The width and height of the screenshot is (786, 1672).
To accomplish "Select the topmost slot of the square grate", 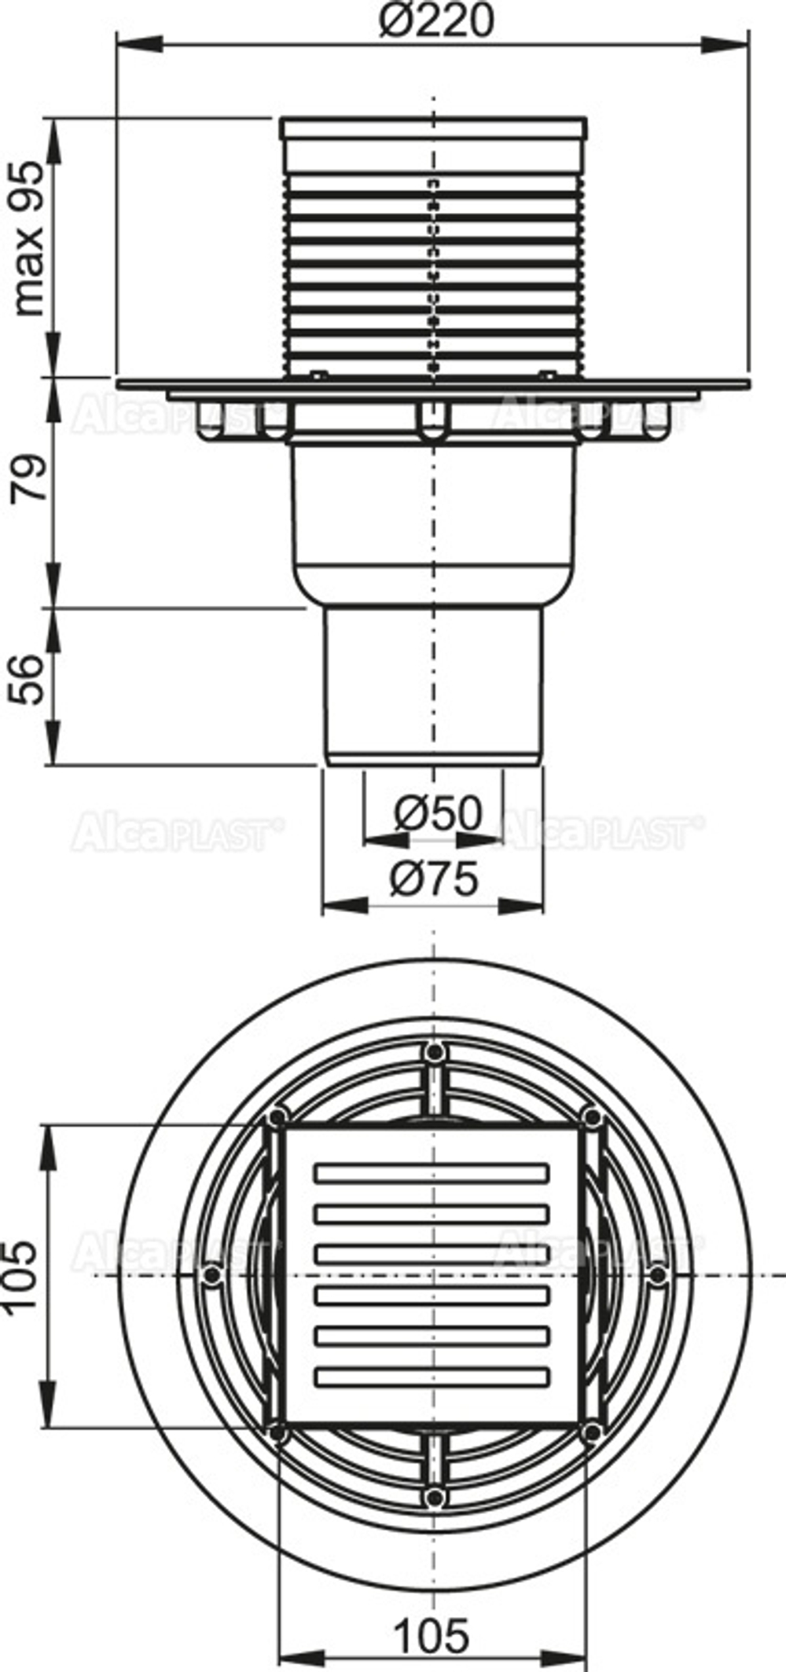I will tap(432, 1173).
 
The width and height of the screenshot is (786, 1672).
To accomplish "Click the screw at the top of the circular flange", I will tap(433, 1051).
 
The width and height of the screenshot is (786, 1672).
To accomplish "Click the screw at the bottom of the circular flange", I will tap(433, 1497).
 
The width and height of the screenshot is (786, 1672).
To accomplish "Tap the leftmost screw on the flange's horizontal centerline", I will tap(210, 1274).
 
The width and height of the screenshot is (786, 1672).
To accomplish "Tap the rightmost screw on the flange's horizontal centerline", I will tap(657, 1274).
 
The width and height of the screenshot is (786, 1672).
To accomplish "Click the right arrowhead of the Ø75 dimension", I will tap(523, 906).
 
